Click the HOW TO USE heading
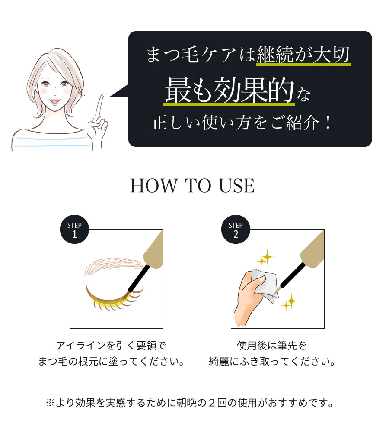(192, 186)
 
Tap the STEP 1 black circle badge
(74, 229)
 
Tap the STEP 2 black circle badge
(236, 229)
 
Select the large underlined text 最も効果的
(229, 91)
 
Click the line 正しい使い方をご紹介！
(242, 123)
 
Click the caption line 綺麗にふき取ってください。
(272, 361)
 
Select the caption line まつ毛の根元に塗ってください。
(111, 361)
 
